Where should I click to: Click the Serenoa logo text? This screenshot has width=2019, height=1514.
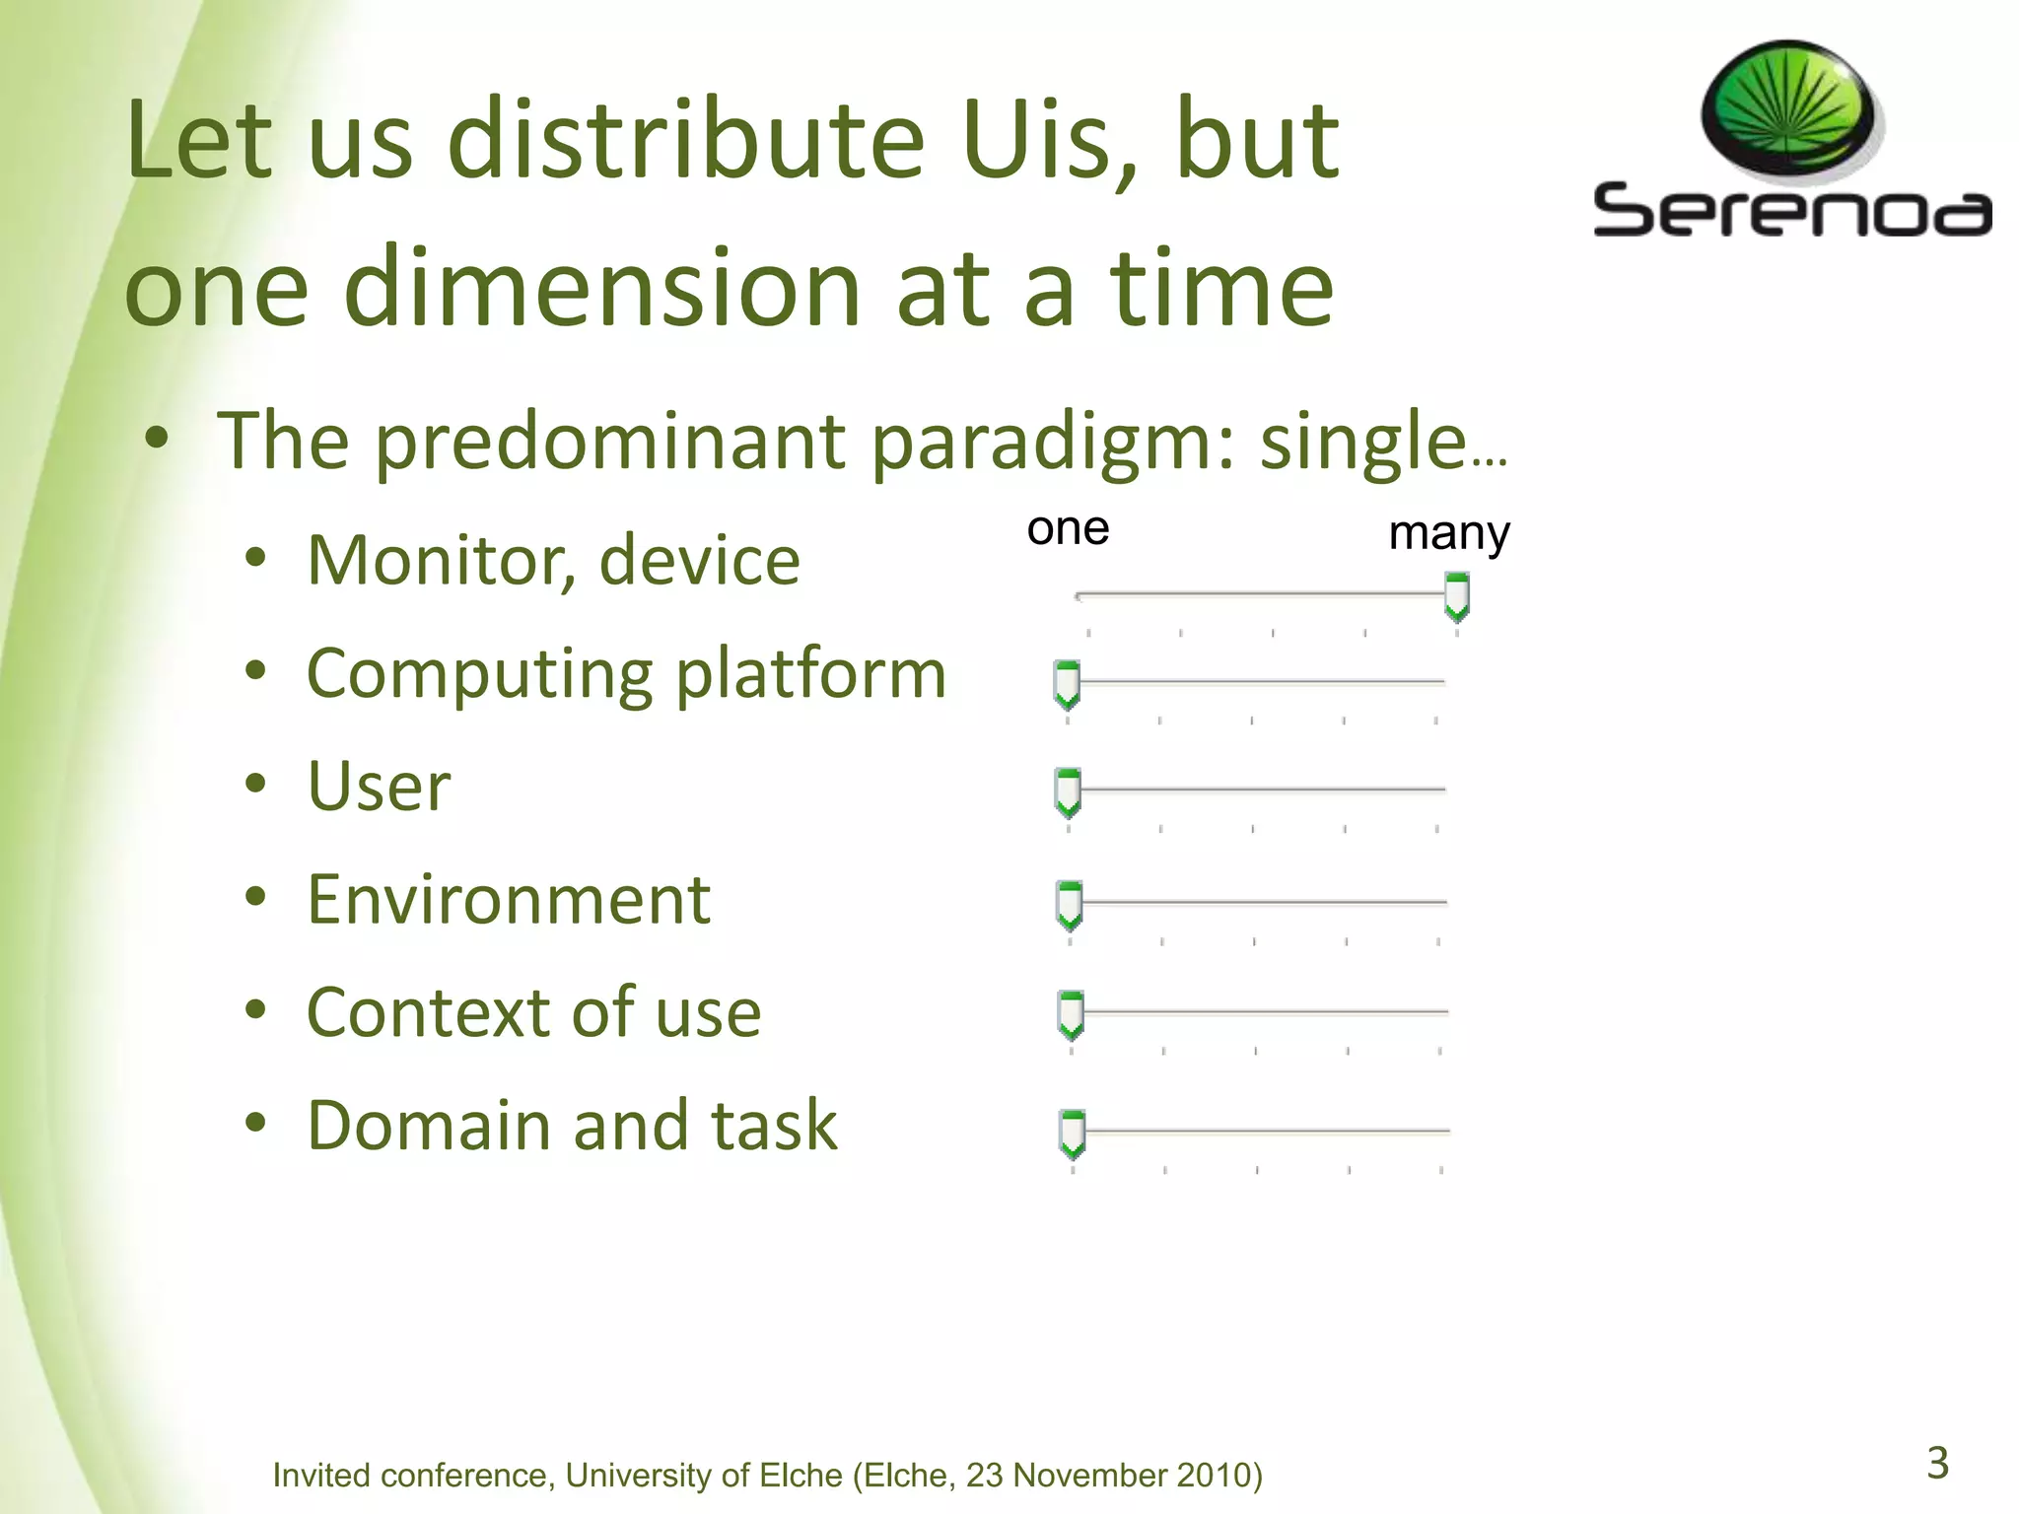point(1791,211)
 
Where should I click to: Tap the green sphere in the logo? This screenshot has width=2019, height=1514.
point(1788,111)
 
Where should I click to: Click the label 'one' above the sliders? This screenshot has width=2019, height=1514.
point(1068,529)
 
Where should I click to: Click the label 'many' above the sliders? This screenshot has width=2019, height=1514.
point(1448,533)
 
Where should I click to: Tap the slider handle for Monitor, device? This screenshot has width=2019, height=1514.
point(1456,597)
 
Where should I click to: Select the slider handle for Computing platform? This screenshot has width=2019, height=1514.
point(1067,684)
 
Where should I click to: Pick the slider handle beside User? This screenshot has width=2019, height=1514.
point(1068,791)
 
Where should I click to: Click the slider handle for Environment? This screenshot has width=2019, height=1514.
point(1069,905)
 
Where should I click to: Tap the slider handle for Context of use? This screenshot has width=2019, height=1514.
point(1071,1014)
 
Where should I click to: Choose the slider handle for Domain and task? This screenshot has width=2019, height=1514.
point(1072,1133)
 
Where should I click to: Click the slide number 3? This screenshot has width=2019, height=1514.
point(1937,1463)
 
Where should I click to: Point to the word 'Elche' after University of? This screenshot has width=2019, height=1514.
point(801,1476)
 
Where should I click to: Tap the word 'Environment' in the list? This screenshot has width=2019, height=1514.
point(509,899)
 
